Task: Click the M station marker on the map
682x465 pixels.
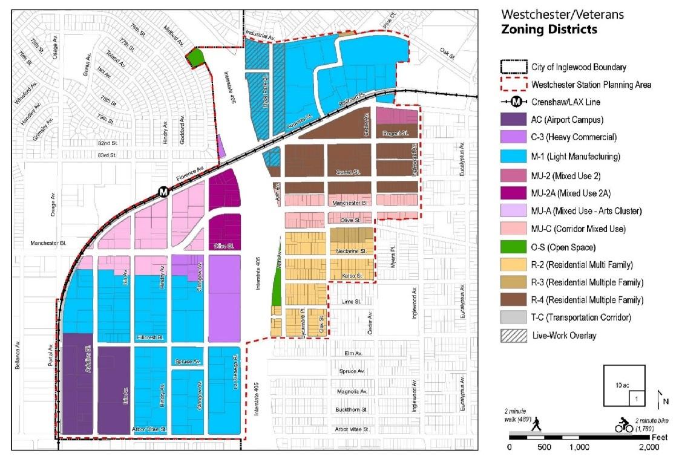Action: (x=163, y=192)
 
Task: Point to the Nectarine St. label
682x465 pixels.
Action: (x=350, y=250)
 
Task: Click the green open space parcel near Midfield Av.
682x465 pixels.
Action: (x=195, y=57)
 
